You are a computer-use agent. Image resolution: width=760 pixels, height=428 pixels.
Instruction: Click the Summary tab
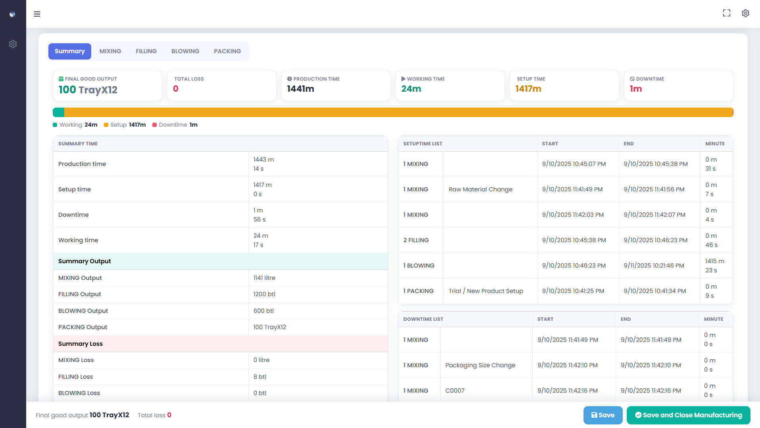[70, 51]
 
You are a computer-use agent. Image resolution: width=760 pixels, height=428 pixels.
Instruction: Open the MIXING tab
[110, 51]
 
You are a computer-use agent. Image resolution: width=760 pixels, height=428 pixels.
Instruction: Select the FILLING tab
[146, 51]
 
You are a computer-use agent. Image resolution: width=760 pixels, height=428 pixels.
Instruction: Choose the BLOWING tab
[185, 51]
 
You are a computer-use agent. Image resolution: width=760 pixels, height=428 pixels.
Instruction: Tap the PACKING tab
[227, 51]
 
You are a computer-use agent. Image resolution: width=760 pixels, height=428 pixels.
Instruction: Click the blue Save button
[603, 415]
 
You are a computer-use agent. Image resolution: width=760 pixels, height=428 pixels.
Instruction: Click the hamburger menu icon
[37, 14]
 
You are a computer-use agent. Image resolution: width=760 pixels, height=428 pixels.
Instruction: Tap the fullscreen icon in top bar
[726, 13]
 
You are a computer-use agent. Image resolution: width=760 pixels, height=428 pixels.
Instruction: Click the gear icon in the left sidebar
[13, 44]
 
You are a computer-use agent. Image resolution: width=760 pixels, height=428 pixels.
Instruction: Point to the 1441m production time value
[300, 89]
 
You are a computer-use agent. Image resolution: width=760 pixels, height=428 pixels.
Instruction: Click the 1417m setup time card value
[528, 89]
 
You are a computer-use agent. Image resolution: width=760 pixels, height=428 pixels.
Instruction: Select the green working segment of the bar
[59, 112]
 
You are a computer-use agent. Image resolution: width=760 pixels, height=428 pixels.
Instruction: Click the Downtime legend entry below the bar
[175, 125]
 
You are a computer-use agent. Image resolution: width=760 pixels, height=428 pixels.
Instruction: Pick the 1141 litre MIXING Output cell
[264, 278]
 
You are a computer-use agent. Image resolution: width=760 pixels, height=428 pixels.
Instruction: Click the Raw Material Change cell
[480, 189]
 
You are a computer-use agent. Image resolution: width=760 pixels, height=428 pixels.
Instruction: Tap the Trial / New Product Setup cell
[486, 291]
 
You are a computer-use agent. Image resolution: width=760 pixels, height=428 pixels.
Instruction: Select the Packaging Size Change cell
[480, 365]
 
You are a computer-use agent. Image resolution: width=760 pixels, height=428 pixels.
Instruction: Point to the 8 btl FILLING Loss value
[260, 377]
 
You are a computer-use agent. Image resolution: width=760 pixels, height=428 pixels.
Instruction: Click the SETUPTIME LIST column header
[422, 144]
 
